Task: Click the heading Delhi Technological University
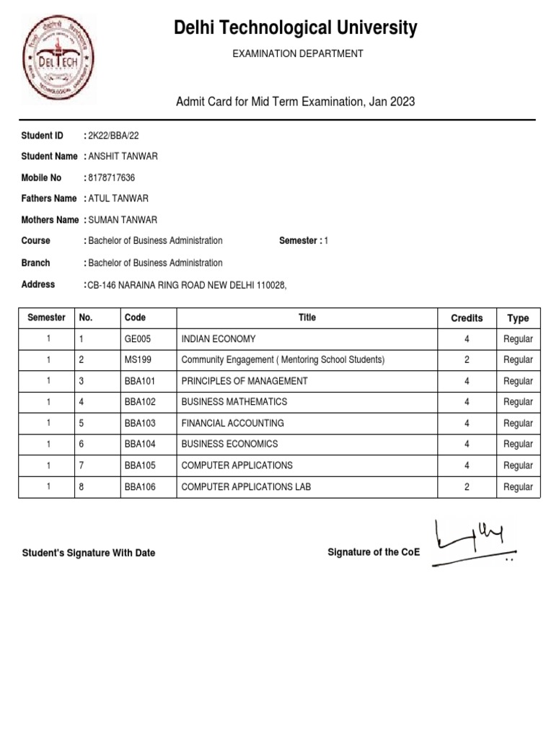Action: [295, 28]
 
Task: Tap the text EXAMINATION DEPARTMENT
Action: [297, 53]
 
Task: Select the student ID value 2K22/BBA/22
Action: [113, 136]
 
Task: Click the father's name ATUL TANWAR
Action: [118, 198]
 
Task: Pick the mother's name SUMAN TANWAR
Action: [122, 219]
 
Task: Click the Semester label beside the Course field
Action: [300, 240]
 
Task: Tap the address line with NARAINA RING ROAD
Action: [187, 285]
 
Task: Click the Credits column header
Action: [467, 318]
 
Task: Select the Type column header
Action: [518, 318]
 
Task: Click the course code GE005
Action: [138, 338]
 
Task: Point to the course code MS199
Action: [138, 359]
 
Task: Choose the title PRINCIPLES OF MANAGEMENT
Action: [245, 380]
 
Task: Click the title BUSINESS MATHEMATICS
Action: [234, 401]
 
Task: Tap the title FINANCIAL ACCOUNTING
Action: [232, 423]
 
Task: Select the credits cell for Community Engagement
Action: [467, 359]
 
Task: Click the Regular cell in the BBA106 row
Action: [518, 486]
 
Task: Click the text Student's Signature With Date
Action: [89, 553]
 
